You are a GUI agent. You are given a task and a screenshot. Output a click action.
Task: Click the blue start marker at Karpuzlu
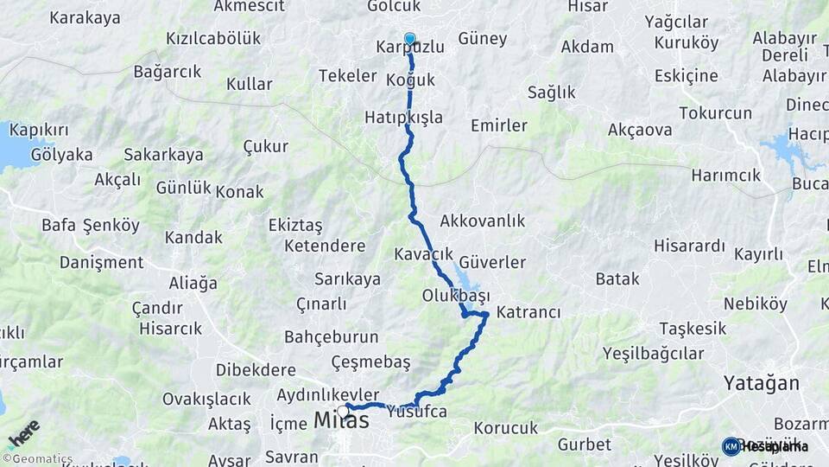[409, 39]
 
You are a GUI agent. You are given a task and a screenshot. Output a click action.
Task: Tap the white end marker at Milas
[344, 410]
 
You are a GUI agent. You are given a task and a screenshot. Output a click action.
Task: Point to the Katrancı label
[529, 312]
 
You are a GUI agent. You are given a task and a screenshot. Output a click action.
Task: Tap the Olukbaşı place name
[456, 295]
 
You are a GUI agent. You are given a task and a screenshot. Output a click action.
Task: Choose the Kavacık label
[423, 254]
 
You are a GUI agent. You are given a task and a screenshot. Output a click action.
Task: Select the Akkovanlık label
[482, 221]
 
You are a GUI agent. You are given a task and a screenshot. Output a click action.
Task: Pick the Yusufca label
[417, 412]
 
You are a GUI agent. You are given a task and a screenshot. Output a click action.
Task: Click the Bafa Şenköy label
[90, 226]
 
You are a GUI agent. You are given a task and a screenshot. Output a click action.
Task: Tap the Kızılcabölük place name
[212, 39]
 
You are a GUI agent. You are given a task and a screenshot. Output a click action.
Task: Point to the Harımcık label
[725, 176]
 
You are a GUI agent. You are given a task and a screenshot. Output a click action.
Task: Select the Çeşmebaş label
[370, 361]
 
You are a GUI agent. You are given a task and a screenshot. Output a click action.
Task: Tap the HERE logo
[23, 435]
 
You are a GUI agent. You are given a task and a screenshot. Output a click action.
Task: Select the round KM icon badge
[731, 446]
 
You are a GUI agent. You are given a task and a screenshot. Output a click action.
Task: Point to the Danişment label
[102, 262]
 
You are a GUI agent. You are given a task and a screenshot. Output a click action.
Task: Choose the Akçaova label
[640, 131]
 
